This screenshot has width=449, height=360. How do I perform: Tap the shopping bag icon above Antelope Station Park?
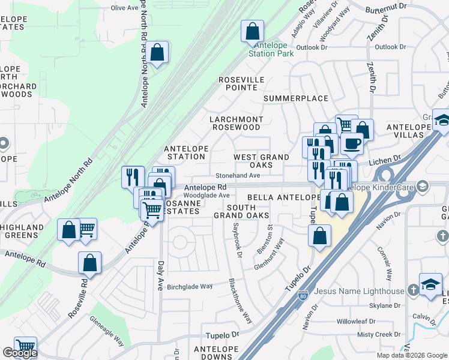coord(253,31)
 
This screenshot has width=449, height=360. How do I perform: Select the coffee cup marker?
coord(352,143)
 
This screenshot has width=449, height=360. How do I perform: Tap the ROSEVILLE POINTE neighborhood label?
coord(241,83)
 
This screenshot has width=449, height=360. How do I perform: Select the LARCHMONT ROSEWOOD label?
coord(235,123)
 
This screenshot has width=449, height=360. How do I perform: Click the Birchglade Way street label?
coord(190,286)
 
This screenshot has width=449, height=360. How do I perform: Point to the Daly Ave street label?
coord(160,272)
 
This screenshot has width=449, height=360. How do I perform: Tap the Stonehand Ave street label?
coord(238,176)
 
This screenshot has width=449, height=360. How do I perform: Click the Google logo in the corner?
coord(20,353)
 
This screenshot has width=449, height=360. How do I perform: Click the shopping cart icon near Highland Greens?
coord(86,228)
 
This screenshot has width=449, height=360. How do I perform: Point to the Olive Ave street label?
coord(125,8)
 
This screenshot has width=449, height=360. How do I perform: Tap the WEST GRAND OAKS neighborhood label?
coord(261,161)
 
